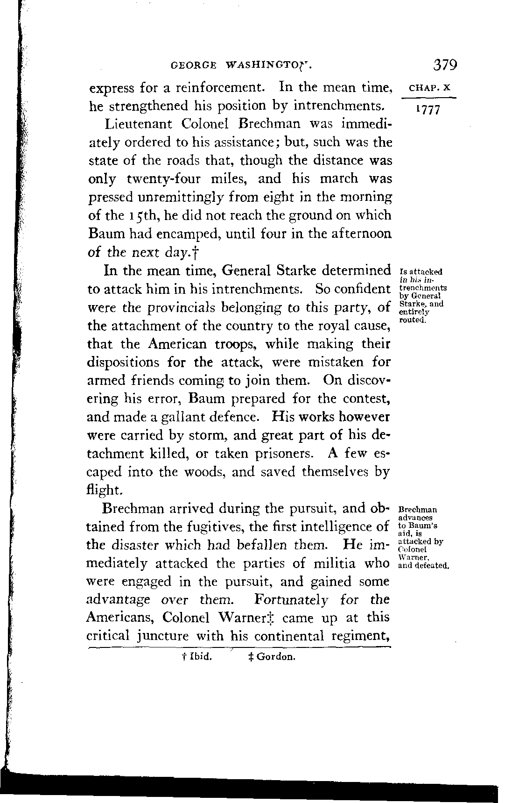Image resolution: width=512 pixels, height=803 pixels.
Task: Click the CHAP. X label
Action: [x=429, y=87]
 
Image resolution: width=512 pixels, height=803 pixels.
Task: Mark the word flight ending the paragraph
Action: [x=105, y=490]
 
